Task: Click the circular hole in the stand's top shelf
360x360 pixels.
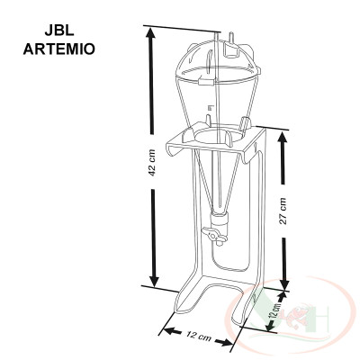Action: click(x=211, y=136)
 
